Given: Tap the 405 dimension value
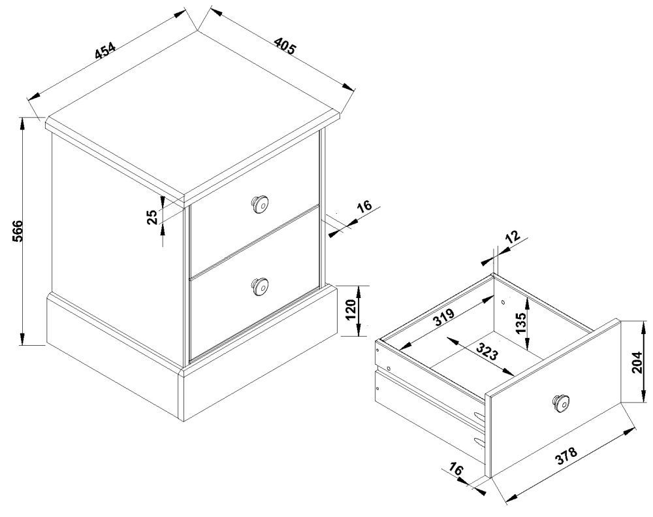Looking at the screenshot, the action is [285, 46].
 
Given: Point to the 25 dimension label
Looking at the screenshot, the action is [152, 217].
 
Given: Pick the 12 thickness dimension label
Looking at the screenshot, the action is [513, 237].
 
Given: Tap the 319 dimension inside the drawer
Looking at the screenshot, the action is [443, 318].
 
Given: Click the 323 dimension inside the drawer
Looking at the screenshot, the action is [486, 352].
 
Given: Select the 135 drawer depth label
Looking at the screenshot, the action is [520, 323].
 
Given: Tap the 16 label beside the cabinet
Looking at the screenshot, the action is [363, 207].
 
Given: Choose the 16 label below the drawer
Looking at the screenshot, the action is [456, 471].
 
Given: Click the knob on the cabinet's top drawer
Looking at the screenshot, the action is [260, 205].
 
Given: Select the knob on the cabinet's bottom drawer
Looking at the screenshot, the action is [260, 286].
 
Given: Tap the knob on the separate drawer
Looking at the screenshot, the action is [561, 401].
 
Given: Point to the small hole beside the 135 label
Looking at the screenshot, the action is [503, 301].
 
